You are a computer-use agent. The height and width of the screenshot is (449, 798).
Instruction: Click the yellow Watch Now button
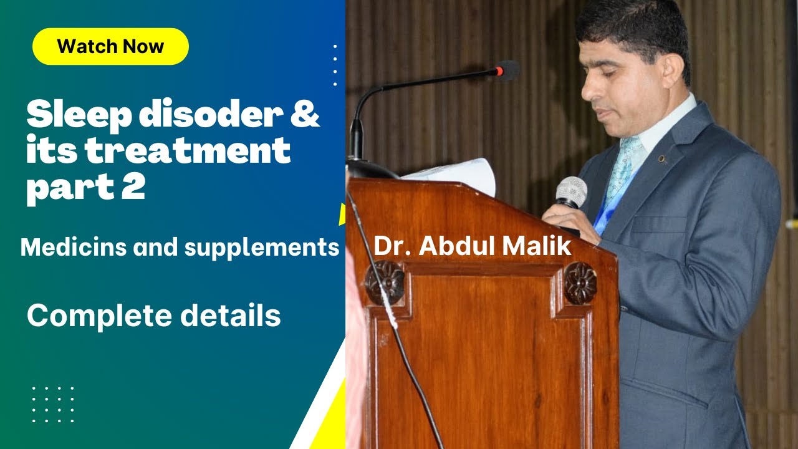pyautogui.click(x=110, y=47)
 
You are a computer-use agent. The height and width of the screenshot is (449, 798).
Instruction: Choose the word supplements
pyautogui.click(x=262, y=248)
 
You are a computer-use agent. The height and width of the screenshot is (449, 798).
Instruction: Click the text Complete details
pyautogui.click(x=153, y=316)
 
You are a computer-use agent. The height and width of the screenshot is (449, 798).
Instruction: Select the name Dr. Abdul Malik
pyautogui.click(x=472, y=246)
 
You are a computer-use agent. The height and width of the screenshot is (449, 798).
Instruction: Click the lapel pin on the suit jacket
pyautogui.click(x=663, y=159)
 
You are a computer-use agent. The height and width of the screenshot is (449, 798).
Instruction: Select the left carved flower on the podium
pyautogui.click(x=385, y=282)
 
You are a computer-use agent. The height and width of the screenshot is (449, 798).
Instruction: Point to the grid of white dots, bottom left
pyautogui.click(x=53, y=404)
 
